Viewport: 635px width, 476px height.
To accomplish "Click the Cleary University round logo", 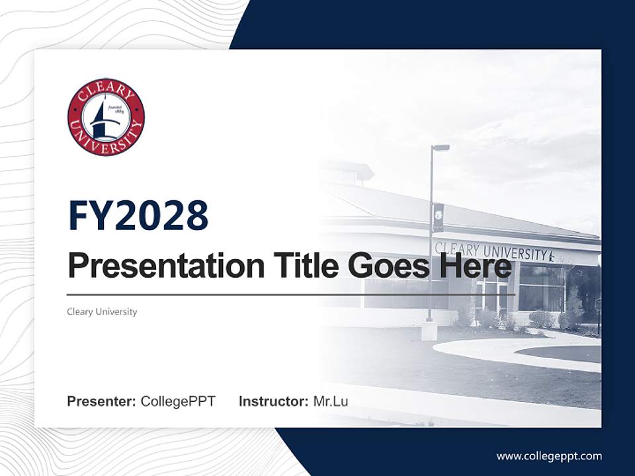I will tap(106, 117).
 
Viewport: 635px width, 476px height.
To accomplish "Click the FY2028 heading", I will tap(138, 216).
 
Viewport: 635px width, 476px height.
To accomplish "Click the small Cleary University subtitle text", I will tap(102, 311).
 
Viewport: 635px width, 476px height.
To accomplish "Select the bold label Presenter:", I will tap(102, 401).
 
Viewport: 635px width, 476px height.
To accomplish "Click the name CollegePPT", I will tap(178, 401).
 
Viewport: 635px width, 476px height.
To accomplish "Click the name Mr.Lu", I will tap(331, 401).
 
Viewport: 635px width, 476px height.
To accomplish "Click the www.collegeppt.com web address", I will tap(549, 456).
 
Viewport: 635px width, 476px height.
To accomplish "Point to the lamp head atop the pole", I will tap(441, 148).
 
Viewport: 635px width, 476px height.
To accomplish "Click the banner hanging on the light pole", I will tap(438, 217).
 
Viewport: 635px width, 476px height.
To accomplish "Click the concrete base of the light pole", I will tap(429, 330).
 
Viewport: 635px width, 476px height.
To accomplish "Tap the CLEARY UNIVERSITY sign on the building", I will tap(493, 251).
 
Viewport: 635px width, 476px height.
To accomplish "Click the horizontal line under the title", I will tap(291, 295).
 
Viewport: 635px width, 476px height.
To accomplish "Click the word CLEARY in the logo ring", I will tap(105, 89).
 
